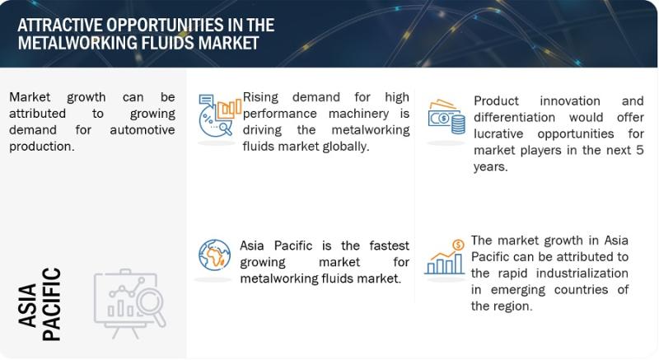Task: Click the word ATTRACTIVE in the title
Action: click(x=59, y=26)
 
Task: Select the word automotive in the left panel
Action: click(x=143, y=130)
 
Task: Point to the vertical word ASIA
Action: click(x=28, y=305)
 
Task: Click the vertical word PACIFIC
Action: click(x=52, y=304)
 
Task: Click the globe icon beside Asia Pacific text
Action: click(x=214, y=255)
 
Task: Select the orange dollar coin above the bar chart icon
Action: click(x=458, y=245)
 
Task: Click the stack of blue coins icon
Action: click(x=458, y=124)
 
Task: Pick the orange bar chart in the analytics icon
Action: click(x=229, y=109)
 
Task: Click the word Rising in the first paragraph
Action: click(x=260, y=97)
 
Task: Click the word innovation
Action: click(x=570, y=101)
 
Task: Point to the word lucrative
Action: click(x=498, y=134)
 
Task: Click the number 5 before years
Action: click(x=639, y=151)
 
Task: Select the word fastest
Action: click(x=389, y=245)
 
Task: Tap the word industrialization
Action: click(x=582, y=274)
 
